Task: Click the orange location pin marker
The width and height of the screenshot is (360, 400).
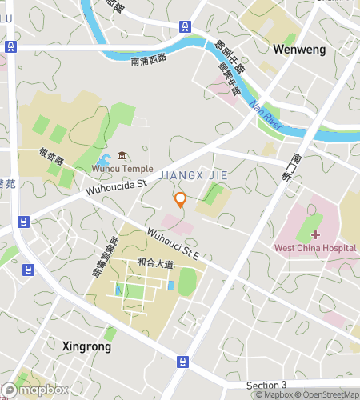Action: [181, 199]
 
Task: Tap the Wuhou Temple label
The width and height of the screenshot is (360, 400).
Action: [122, 169]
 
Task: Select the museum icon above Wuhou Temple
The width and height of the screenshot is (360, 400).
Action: [122, 155]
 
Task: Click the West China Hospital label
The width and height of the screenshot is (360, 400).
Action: [314, 248]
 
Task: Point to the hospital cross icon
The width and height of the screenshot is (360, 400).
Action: [315, 234]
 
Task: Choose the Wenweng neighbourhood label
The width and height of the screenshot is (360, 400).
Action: [300, 49]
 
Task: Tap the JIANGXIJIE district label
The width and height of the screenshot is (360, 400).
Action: [194, 174]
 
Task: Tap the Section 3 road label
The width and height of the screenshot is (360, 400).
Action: [266, 386]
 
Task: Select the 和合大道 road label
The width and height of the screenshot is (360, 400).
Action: [154, 262]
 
